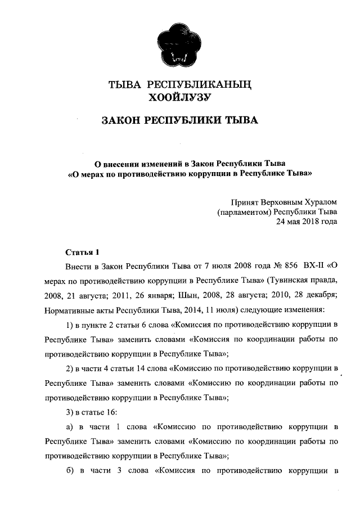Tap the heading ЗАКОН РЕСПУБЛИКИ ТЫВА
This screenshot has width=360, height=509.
point(179,121)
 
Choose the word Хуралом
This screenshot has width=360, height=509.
point(321,202)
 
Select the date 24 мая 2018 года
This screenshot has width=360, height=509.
point(306,222)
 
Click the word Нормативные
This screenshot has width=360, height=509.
point(68,309)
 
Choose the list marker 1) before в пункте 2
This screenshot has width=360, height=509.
point(70,325)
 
